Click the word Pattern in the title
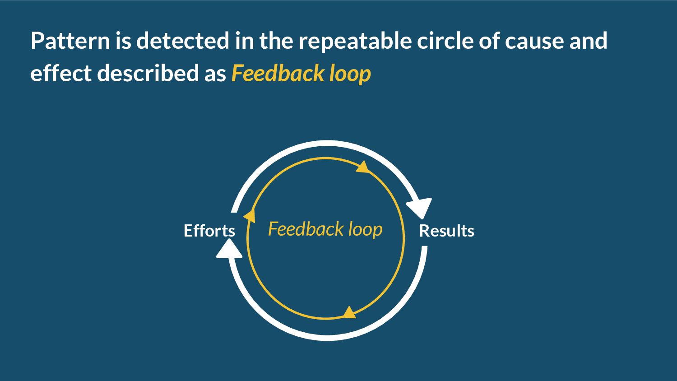[x=70, y=41]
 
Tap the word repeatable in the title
[x=355, y=41]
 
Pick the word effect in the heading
[x=60, y=74]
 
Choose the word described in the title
[x=148, y=74]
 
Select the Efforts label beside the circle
[x=209, y=231]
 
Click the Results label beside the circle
[x=446, y=231]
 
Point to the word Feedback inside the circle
[x=299, y=229]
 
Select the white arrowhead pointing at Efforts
[x=229, y=250]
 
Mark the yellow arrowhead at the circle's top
[x=363, y=167]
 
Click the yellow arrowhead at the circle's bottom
[x=349, y=312]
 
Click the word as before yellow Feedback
[x=215, y=74]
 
